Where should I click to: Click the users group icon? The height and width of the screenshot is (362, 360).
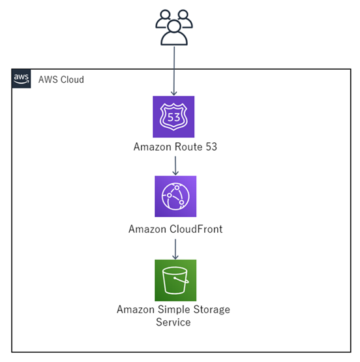pyautogui.click(x=174, y=27)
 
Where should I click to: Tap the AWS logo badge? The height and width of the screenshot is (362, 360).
pyautogui.click(x=22, y=78)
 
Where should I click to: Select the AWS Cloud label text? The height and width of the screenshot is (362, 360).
pyautogui.click(x=61, y=80)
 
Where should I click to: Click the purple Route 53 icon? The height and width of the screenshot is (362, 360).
pyautogui.click(x=173, y=117)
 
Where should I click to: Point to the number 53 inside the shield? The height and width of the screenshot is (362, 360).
pyautogui.click(x=173, y=117)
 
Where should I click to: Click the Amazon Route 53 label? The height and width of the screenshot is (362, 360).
pyautogui.click(x=175, y=147)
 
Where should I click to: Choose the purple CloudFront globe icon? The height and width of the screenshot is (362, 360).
pyautogui.click(x=175, y=196)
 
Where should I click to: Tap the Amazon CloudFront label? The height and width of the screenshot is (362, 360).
pyautogui.click(x=175, y=229)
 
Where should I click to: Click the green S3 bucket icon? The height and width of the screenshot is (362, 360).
pyautogui.click(x=175, y=280)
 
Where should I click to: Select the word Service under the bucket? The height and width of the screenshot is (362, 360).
pyautogui.click(x=173, y=322)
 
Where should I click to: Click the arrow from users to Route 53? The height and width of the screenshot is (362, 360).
pyautogui.click(x=174, y=71)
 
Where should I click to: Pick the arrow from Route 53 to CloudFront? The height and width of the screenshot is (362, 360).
pyautogui.click(x=175, y=166)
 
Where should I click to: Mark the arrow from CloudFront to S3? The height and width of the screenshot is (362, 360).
pyautogui.click(x=175, y=249)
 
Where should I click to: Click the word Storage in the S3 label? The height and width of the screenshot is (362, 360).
pyautogui.click(x=211, y=310)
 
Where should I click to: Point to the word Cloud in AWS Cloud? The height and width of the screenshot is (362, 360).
pyautogui.click(x=72, y=80)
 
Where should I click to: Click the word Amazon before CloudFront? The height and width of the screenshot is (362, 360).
pyautogui.click(x=147, y=229)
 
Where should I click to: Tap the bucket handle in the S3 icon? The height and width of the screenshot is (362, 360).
pyautogui.click(x=181, y=280)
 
